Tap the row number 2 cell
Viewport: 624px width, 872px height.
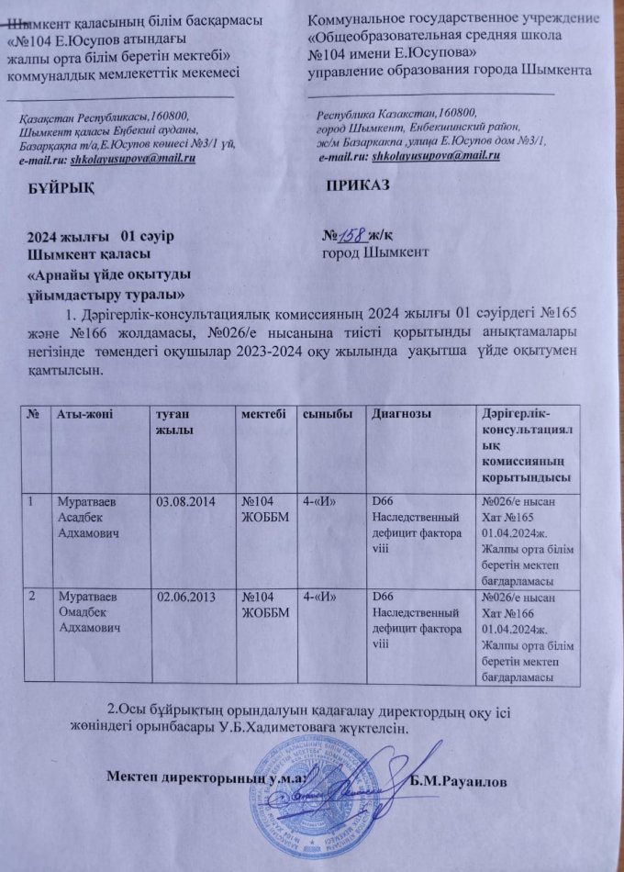click(x=33, y=598)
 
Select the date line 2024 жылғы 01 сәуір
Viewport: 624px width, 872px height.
click(x=101, y=236)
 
